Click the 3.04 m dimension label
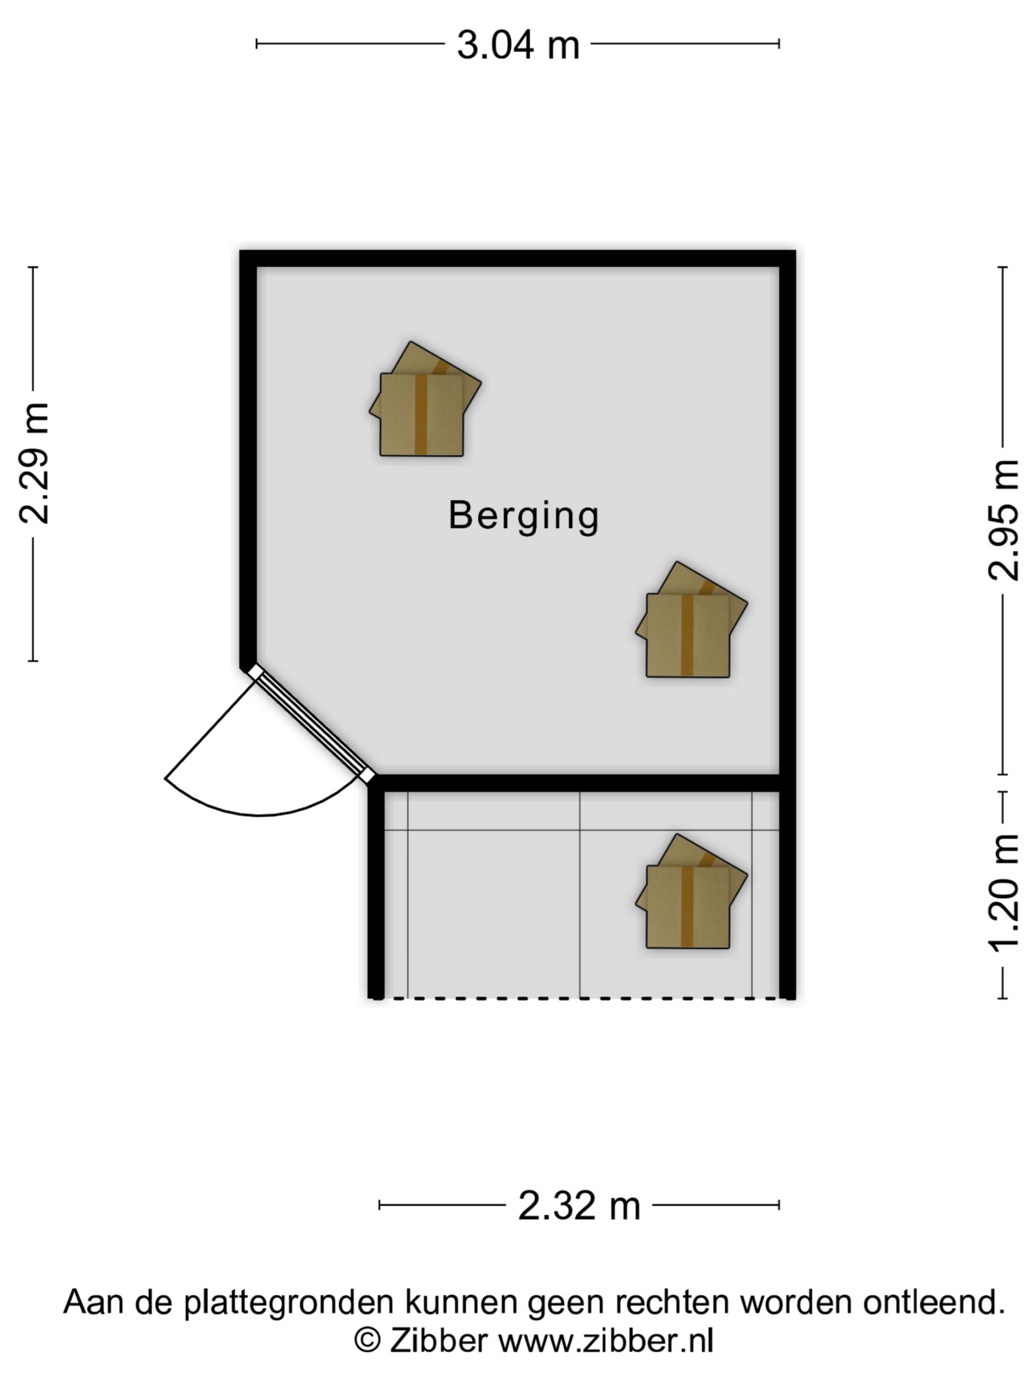click(517, 45)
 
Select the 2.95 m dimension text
click(1003, 520)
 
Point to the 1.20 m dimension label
click(1003, 893)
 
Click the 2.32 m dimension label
click(579, 1206)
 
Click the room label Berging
click(523, 516)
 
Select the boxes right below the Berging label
click(691, 619)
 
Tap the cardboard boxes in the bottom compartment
click(691, 891)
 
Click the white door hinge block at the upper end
click(255, 672)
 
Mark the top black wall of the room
click(517, 258)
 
